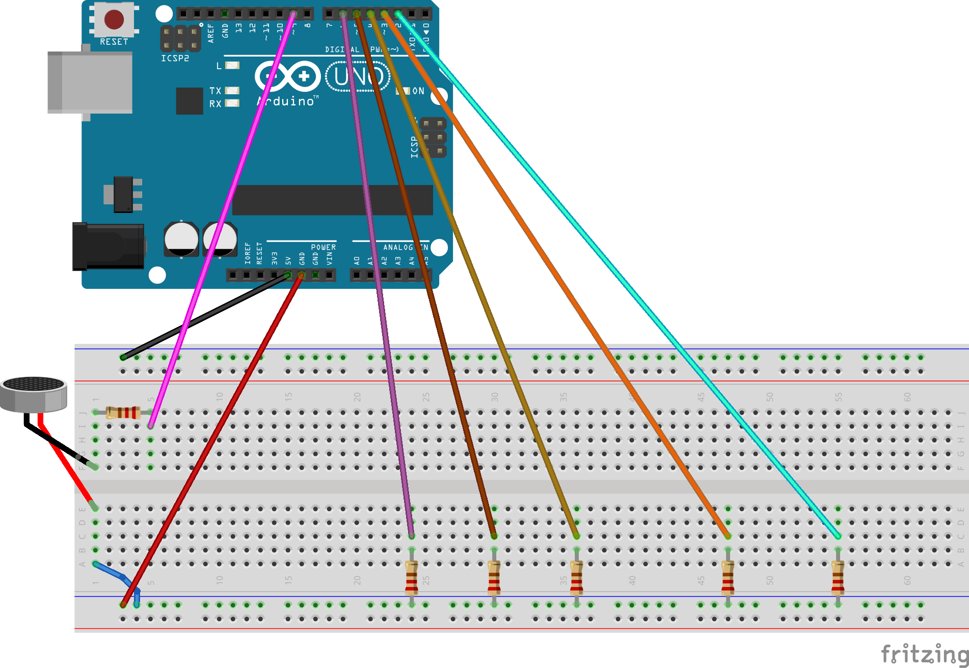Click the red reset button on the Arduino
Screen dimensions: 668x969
(114, 19)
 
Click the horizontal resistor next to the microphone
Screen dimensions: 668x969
(123, 412)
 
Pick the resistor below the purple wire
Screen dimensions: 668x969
(412, 578)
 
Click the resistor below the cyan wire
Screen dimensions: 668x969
(838, 578)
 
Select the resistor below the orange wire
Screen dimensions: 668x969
(728, 578)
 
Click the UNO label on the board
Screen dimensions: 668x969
(358, 76)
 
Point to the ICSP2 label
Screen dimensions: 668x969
(175, 59)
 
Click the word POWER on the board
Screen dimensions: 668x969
(323, 247)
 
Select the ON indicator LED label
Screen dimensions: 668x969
(418, 91)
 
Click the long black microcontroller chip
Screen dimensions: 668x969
(332, 200)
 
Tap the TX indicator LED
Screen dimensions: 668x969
(232, 91)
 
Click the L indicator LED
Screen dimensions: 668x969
(232, 65)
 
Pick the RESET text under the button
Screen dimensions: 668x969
(114, 42)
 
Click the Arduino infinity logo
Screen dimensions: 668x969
(288, 77)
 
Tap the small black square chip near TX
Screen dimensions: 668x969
(190, 101)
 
